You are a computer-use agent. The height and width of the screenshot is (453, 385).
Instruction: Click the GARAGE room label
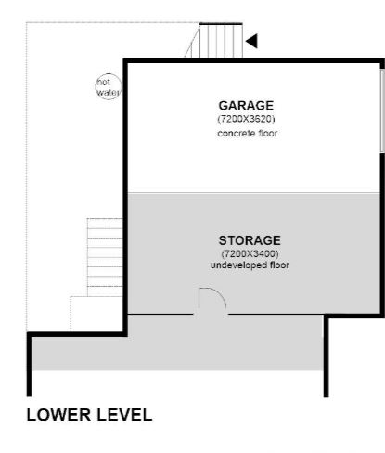click(246, 106)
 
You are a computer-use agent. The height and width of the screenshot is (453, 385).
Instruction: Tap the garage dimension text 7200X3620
click(246, 119)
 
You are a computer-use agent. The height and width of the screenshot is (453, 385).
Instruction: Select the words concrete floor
click(247, 134)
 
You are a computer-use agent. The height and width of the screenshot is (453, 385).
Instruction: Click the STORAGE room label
click(250, 240)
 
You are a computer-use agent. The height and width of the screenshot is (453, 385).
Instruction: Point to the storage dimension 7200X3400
click(250, 254)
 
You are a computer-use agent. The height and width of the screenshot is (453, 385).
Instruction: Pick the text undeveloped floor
click(250, 265)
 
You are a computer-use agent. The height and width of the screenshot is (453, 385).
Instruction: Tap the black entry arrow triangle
click(252, 41)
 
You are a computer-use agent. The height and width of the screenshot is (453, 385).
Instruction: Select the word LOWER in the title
click(58, 415)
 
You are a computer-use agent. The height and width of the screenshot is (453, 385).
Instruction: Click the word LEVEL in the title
click(124, 415)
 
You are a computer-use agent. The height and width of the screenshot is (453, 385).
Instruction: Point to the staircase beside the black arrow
click(221, 41)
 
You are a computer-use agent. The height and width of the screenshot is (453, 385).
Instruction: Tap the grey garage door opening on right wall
click(382, 110)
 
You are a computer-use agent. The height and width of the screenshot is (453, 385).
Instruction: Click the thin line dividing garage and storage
click(254, 193)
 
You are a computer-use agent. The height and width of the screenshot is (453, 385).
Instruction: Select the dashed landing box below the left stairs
click(96, 314)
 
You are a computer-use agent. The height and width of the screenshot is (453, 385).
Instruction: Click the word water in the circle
click(108, 92)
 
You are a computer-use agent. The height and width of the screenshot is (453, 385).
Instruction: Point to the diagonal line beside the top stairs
click(192, 41)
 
